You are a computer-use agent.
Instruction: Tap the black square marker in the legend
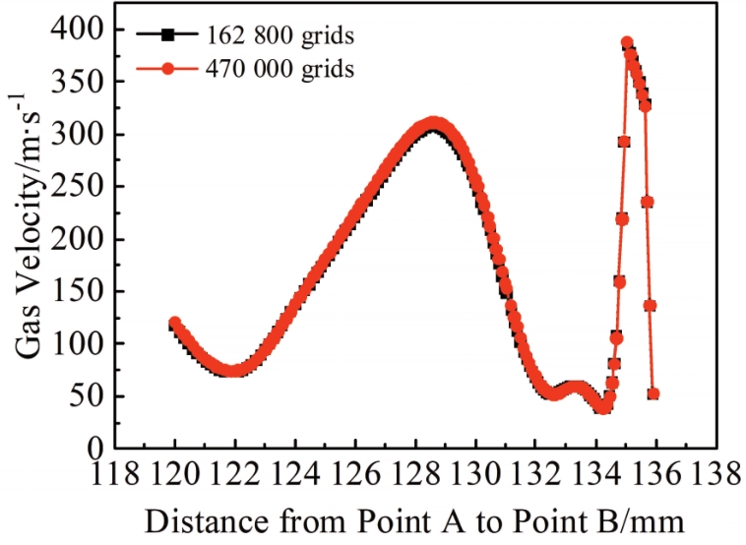[x=167, y=35]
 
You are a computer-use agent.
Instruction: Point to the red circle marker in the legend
[x=167, y=69]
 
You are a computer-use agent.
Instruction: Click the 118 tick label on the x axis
[x=115, y=476]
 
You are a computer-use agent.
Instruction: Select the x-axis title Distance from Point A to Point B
[x=412, y=519]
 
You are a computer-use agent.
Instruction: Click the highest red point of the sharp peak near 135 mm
[x=627, y=43]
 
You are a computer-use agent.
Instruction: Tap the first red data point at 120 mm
[x=175, y=323]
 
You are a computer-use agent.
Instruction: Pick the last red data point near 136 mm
[x=653, y=394]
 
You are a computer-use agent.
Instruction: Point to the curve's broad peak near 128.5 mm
[x=432, y=125]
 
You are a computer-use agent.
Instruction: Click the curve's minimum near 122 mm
[x=233, y=371]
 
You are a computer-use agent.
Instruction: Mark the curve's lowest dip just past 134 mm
[x=603, y=407]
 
